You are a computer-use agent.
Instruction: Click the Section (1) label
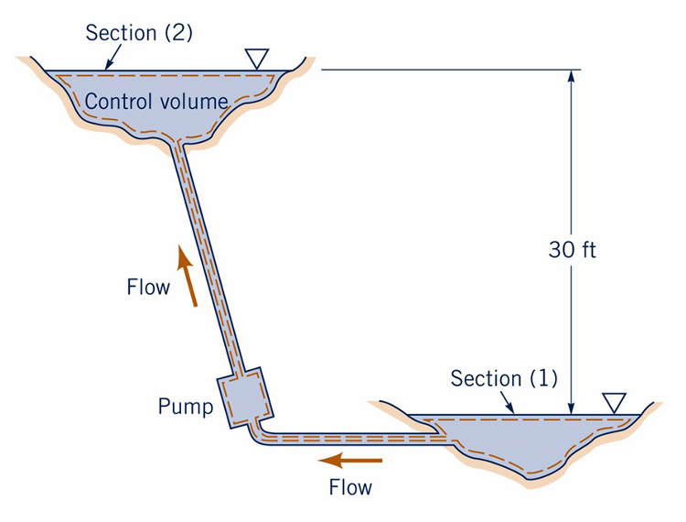(x=504, y=378)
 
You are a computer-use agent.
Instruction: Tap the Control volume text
(x=155, y=101)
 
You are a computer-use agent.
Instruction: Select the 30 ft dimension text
(x=572, y=249)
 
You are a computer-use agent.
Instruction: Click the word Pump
(x=185, y=406)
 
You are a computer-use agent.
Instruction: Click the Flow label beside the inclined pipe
(x=148, y=288)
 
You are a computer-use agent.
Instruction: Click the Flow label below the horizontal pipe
(x=350, y=487)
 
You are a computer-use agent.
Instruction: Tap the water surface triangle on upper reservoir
(x=257, y=59)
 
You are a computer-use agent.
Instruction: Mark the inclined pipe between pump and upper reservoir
(x=206, y=256)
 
